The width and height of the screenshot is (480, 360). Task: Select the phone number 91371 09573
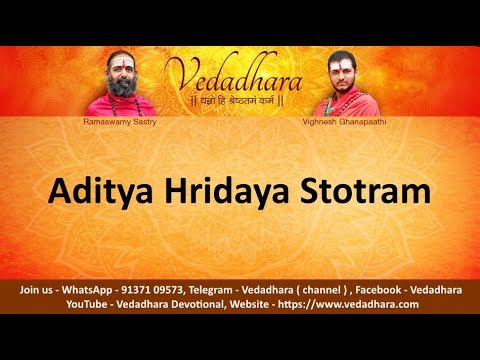pos(156,290)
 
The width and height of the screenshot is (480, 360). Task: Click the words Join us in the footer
pos(37,290)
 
